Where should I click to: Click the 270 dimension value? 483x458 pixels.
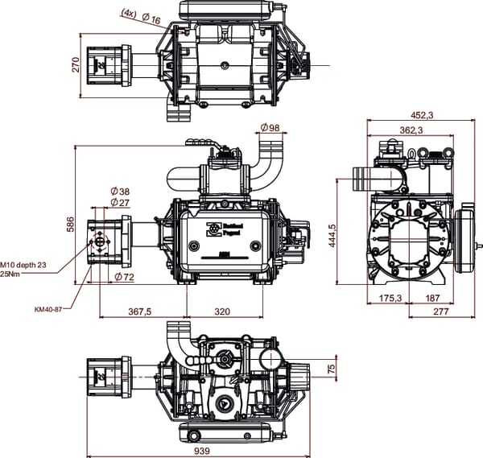(76, 64)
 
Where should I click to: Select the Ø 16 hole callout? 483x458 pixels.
(151, 19)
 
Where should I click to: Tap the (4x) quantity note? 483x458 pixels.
(129, 13)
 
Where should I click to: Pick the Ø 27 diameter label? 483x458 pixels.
(119, 203)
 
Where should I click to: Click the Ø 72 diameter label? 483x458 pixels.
(125, 277)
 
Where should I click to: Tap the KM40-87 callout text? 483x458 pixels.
(49, 308)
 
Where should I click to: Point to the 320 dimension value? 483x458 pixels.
(221, 311)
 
